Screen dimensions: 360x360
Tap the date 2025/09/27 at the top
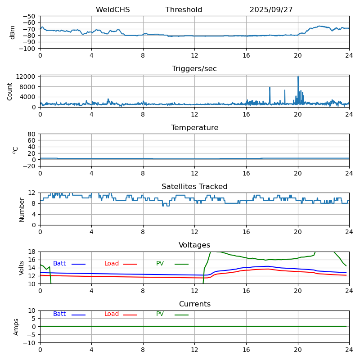[271, 10]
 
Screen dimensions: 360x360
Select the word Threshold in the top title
[184, 10]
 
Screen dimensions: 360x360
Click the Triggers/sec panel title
[194, 69]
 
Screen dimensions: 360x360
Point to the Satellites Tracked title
[194, 187]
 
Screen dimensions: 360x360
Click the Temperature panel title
[194, 128]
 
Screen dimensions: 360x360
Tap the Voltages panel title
[194, 245]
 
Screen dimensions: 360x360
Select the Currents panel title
[194, 304]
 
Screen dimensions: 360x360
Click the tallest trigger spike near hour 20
[298, 77]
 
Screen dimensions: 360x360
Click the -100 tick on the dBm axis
[28, 49]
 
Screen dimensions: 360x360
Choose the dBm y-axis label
[13, 32]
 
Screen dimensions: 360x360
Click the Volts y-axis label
[22, 268]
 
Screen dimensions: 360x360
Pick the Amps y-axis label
[16, 327]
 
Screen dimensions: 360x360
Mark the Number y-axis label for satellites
[22, 209]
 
